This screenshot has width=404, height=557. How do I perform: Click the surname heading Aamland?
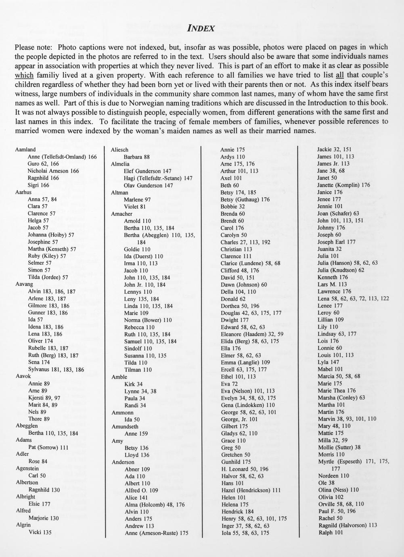coord(25,149)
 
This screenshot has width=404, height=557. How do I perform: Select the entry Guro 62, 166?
coord(43,163)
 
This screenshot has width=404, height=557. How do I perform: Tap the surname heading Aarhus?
coord(23,192)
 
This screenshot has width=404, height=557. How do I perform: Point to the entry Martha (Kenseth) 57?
coord(52,249)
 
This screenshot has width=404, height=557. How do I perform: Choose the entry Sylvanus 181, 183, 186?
coord(56,369)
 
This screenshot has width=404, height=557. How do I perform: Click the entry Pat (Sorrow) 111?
coord(48,447)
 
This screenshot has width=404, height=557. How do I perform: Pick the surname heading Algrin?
coord(23,525)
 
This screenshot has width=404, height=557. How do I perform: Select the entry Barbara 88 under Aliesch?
coord(137,157)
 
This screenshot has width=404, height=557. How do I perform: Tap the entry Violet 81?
coord(135,207)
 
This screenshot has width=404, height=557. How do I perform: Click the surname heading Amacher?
coord(121,214)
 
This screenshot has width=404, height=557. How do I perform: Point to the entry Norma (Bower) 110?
coord(148,320)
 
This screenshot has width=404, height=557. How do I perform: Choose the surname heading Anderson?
coord(123,462)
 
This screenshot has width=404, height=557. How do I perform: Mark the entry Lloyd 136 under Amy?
coord(137,455)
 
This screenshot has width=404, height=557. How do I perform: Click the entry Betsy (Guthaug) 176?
coord(245,199)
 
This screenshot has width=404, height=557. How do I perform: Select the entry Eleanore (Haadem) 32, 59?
coord(252,334)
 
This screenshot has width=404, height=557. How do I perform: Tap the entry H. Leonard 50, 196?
coord(245,469)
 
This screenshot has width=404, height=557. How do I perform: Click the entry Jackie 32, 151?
coord(334,149)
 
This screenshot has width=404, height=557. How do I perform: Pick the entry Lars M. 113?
coord(332,284)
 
